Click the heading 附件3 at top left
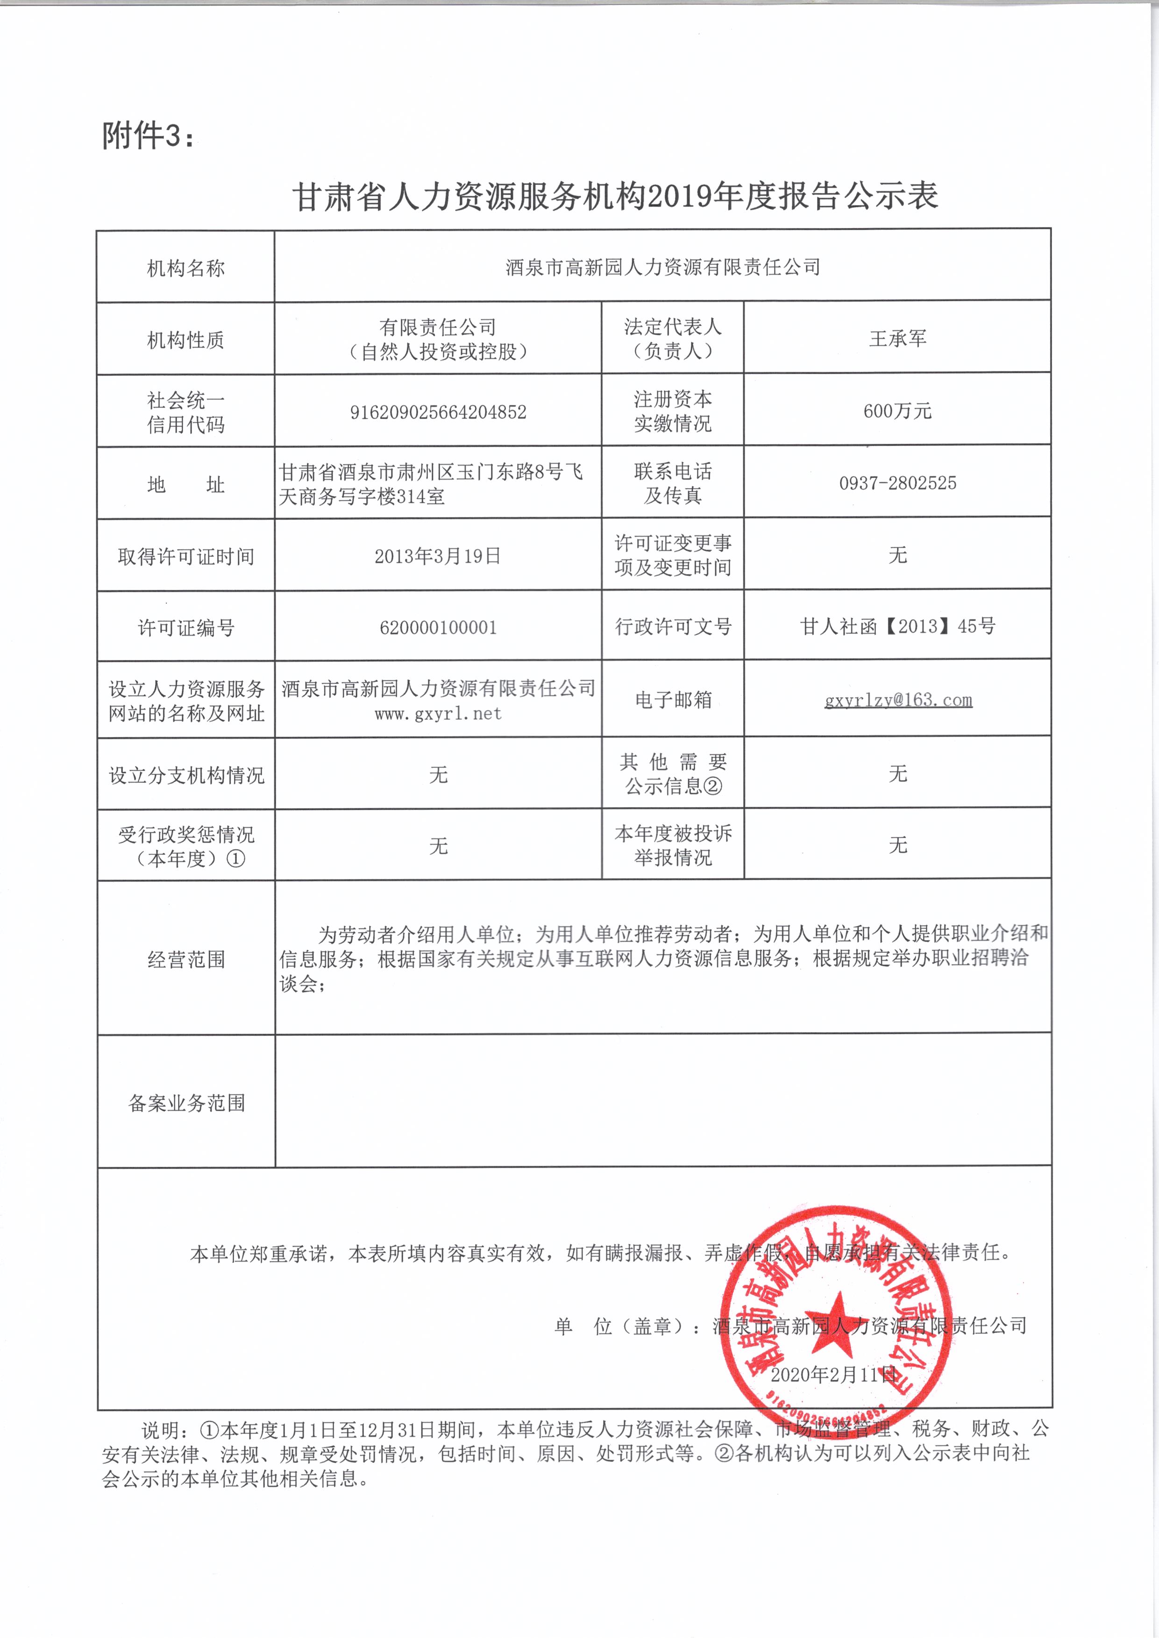coord(148,135)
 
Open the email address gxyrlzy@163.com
coord(898,700)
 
